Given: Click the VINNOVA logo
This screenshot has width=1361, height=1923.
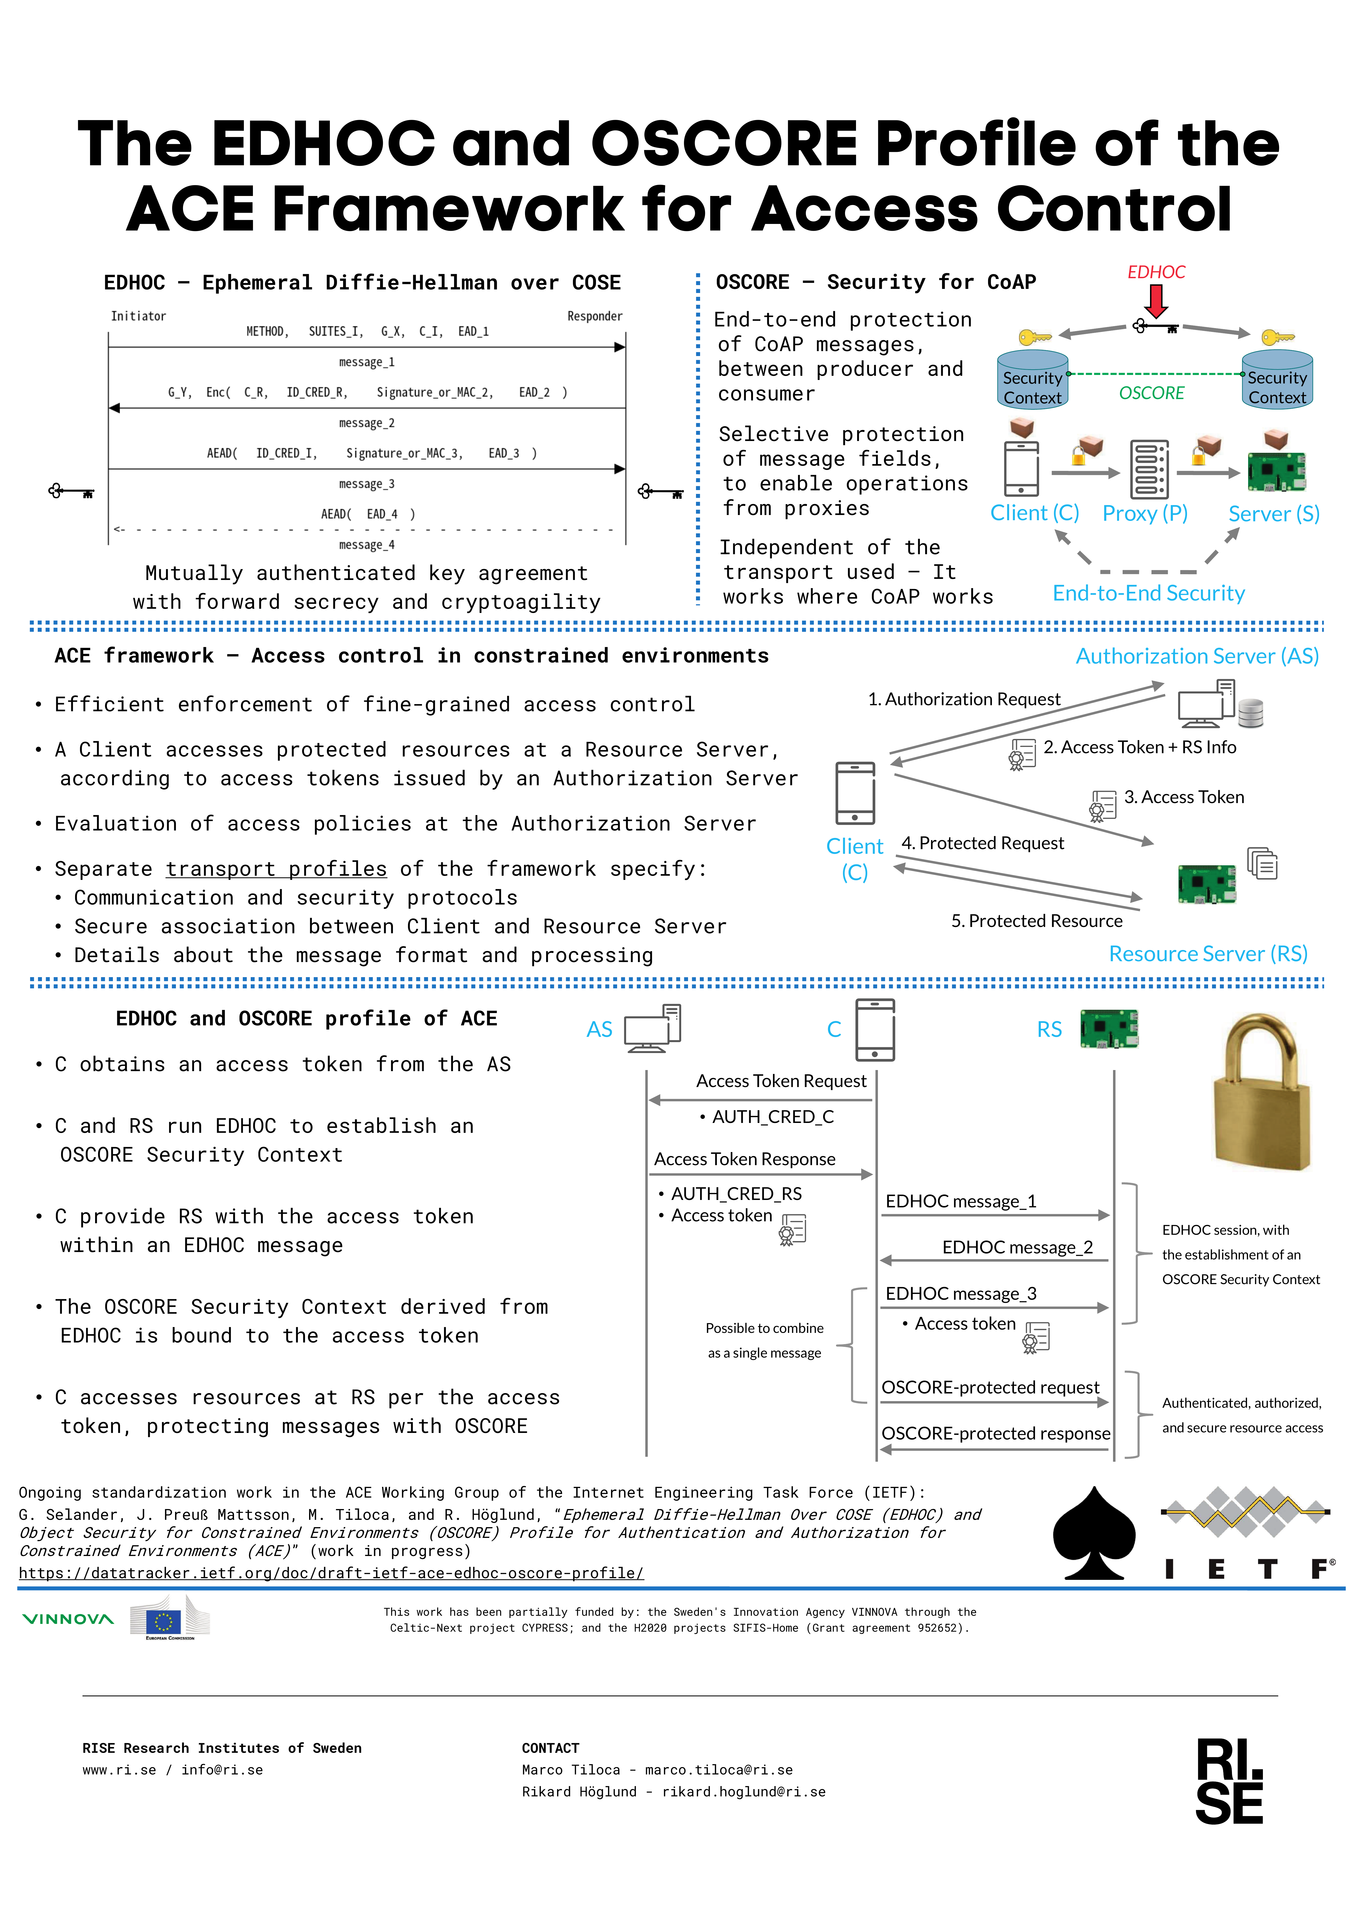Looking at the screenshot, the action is click(x=68, y=1619).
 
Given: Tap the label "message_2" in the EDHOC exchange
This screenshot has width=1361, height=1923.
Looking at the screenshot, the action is click(x=366, y=423).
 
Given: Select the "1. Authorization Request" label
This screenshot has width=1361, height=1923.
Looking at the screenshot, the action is click(x=964, y=699).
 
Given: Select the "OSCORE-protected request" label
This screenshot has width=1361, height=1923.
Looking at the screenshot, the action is click(x=991, y=1387).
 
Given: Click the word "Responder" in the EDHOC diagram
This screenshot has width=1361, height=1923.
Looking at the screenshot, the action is click(x=594, y=316).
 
